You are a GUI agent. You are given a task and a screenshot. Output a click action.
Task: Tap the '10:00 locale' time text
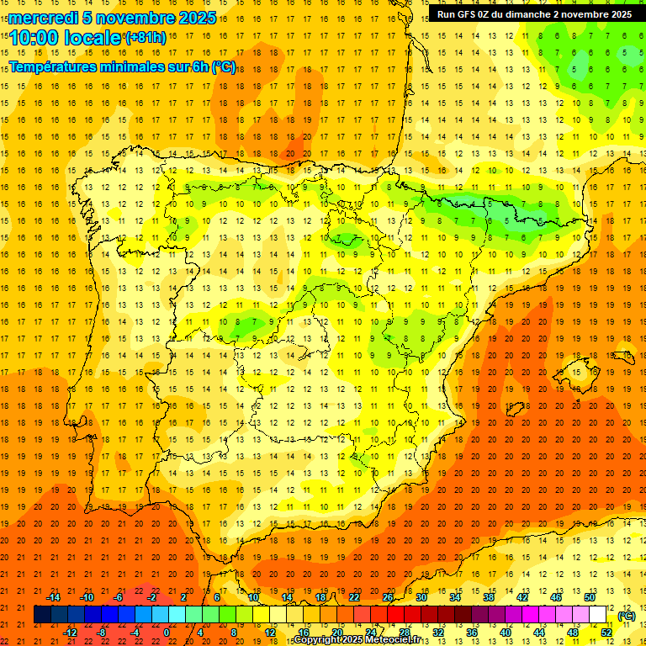[66, 38]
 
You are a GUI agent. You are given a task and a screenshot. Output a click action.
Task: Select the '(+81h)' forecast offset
[146, 37]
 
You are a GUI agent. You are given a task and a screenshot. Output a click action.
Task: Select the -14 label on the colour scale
[54, 597]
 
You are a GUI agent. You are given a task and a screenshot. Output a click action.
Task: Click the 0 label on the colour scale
[167, 633]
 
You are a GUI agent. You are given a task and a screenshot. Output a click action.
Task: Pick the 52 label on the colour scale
[606, 633]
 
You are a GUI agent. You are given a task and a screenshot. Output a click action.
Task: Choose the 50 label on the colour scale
[590, 597]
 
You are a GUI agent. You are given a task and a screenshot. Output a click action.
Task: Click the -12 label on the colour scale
[70, 633]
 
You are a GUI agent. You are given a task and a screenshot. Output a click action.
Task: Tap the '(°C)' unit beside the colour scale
[627, 616]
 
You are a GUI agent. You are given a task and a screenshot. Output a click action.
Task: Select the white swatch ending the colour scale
[598, 615]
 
